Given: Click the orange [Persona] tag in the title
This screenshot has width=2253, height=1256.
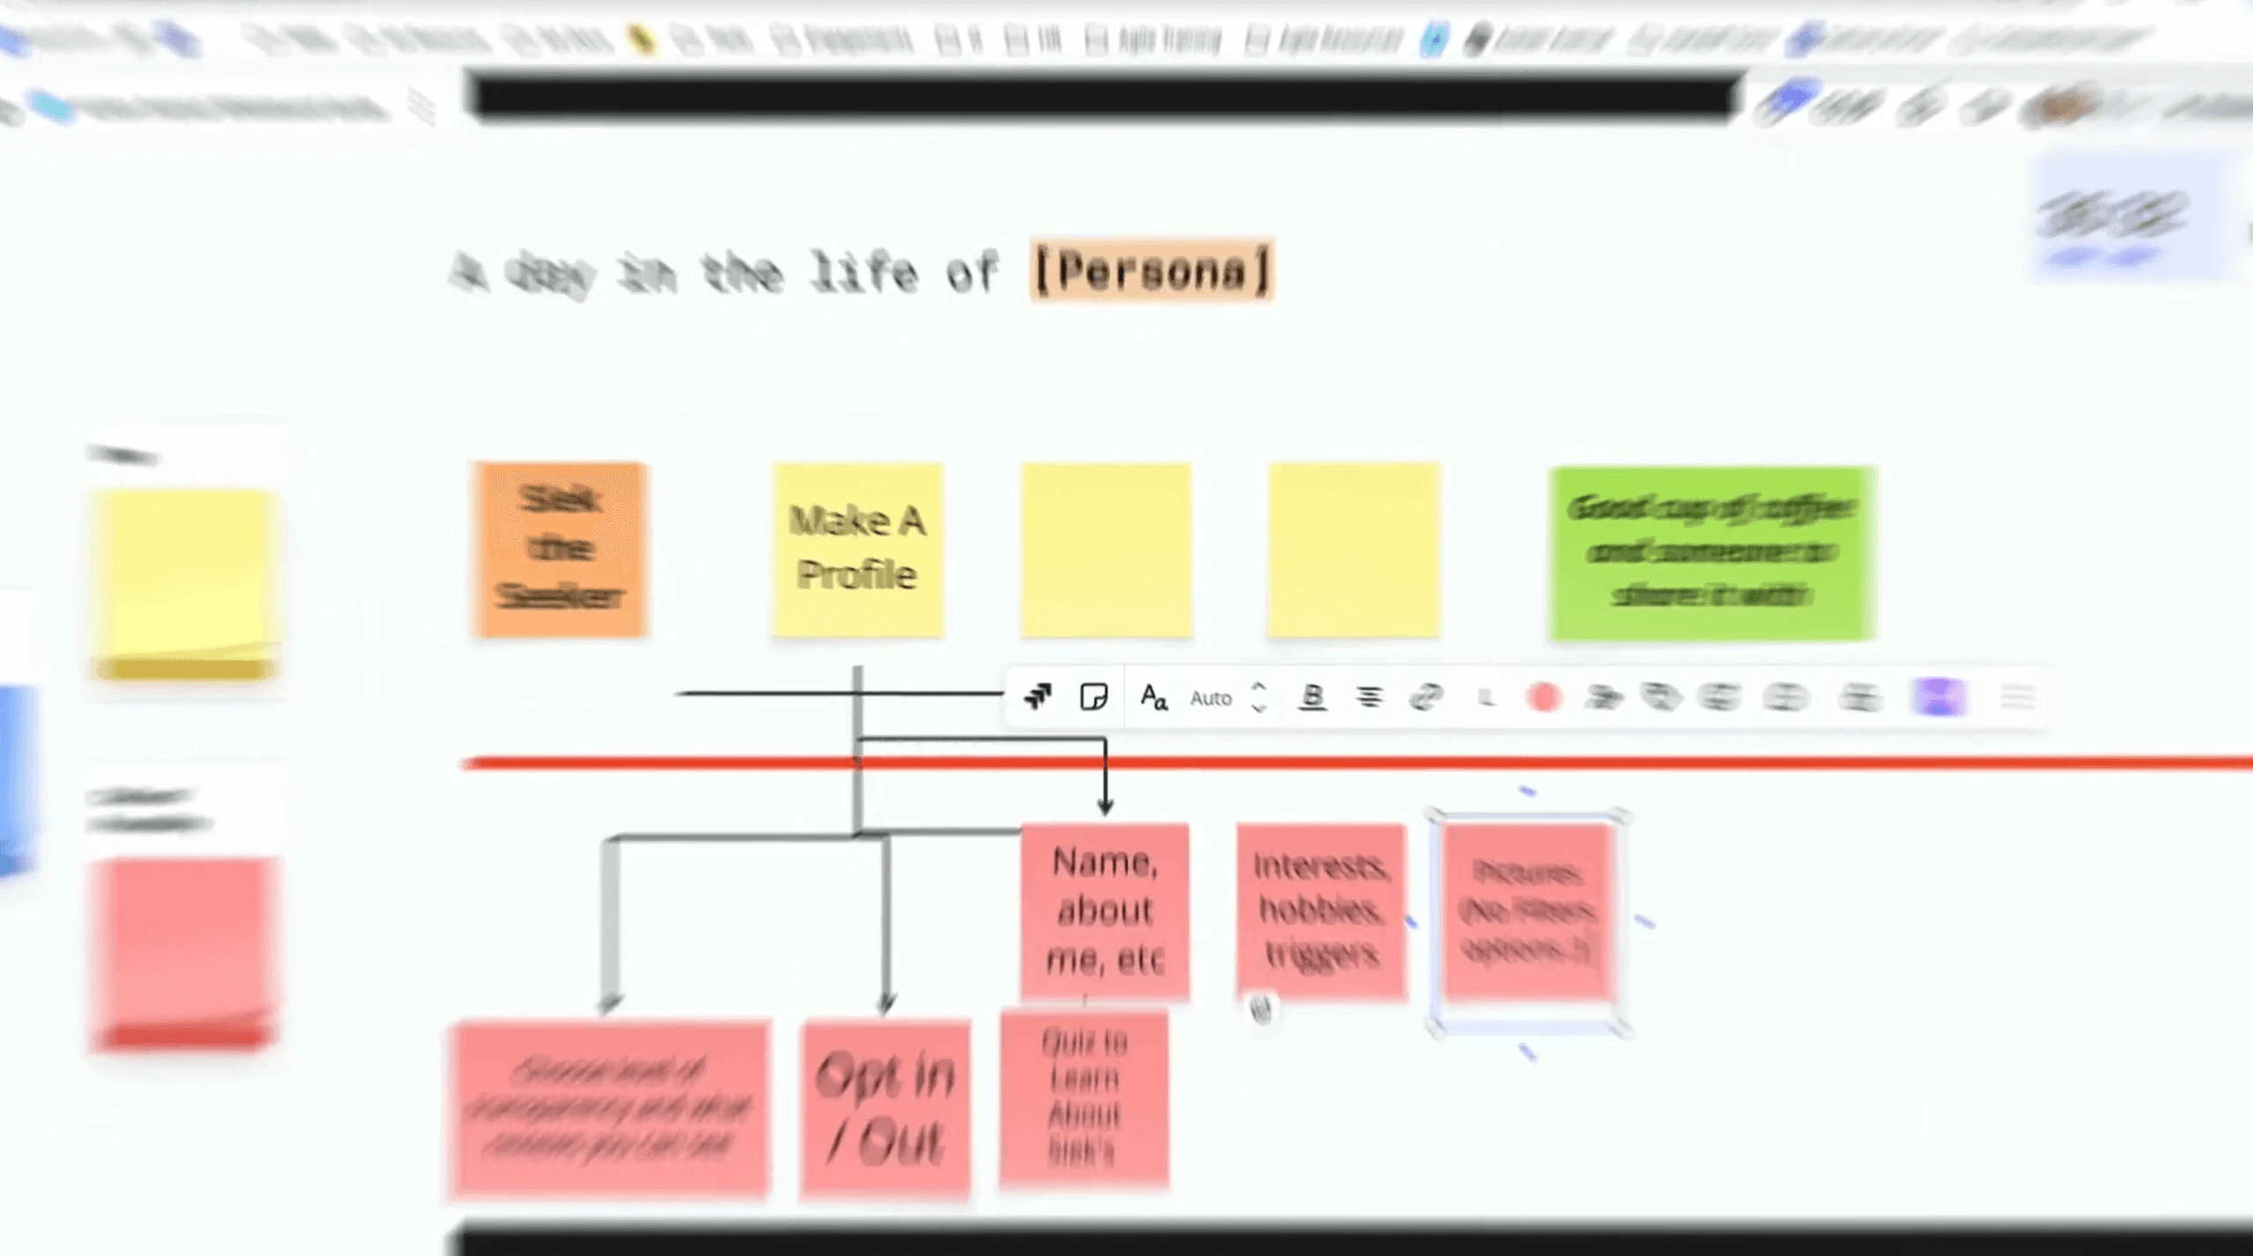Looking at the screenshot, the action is pyautogui.click(x=1151, y=270).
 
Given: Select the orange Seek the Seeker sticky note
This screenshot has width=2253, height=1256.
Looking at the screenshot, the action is pyautogui.click(x=561, y=549).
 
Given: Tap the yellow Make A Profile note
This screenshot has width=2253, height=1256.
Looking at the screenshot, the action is pyautogui.click(x=857, y=549).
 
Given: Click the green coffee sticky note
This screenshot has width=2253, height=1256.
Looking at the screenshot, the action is pyautogui.click(x=1712, y=553).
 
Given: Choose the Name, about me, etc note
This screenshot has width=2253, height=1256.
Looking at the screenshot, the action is pyautogui.click(x=1104, y=910).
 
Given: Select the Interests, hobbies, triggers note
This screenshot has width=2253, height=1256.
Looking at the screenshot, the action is pyautogui.click(x=1320, y=910).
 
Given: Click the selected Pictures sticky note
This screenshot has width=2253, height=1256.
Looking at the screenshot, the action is pyautogui.click(x=1528, y=910).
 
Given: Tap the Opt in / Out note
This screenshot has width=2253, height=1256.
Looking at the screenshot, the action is pyautogui.click(x=885, y=1107).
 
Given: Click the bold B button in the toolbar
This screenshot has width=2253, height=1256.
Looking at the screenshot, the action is pyautogui.click(x=1312, y=697).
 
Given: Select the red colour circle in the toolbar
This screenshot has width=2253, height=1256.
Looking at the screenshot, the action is pyautogui.click(x=1544, y=698).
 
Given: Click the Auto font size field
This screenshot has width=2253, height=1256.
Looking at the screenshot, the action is pyautogui.click(x=1211, y=698).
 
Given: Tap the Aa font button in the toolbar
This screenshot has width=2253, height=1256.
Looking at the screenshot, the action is pyautogui.click(x=1153, y=698).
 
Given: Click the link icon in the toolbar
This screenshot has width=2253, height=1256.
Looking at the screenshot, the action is pyautogui.click(x=1426, y=698).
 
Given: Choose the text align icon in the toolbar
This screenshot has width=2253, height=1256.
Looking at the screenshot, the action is pyautogui.click(x=1369, y=698).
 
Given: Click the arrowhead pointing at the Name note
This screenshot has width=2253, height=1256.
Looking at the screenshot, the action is pyautogui.click(x=1105, y=806).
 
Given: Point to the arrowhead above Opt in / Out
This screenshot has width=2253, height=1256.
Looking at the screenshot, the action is pyautogui.click(x=886, y=1003).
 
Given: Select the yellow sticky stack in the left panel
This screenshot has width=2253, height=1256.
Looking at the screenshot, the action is pyautogui.click(x=184, y=585).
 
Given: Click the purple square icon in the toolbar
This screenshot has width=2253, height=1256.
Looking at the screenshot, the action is pyautogui.click(x=1939, y=698).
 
